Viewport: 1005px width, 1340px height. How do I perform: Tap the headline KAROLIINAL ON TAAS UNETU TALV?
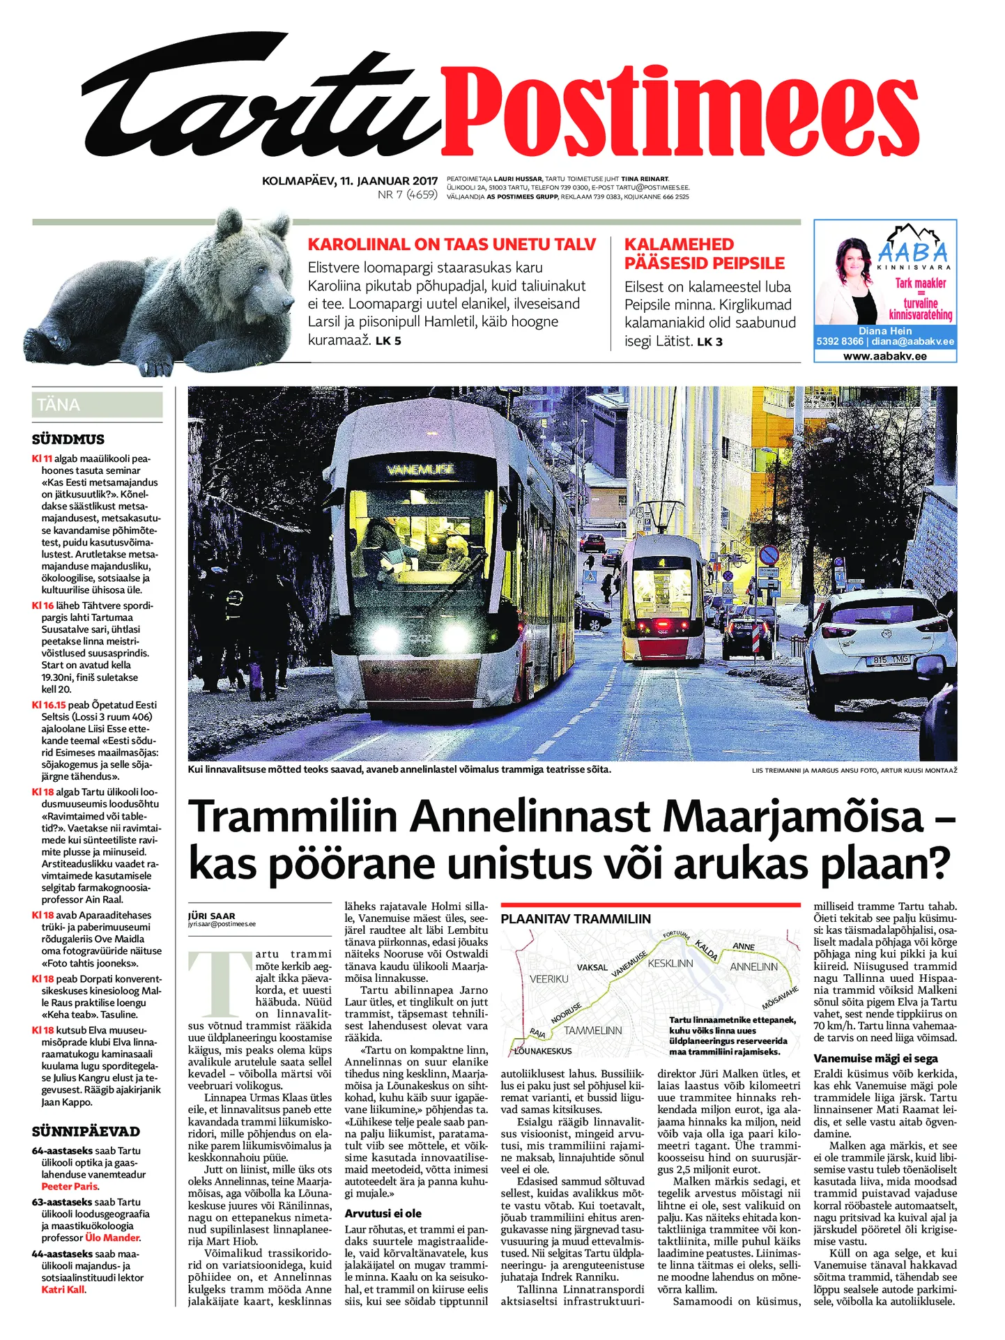click(452, 245)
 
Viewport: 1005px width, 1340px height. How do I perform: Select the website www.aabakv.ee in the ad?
click(884, 356)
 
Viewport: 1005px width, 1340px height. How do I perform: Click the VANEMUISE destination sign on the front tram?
click(420, 469)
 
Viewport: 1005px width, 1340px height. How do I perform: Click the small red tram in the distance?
click(662, 599)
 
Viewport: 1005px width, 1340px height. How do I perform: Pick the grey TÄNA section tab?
click(97, 405)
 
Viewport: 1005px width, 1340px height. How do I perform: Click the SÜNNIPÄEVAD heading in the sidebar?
click(86, 1132)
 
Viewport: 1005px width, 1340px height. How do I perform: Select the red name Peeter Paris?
click(70, 1187)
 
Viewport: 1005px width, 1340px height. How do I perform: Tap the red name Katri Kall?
click(63, 1290)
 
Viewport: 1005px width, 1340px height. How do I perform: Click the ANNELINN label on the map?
click(753, 967)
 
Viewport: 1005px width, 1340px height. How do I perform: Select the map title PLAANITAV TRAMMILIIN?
click(576, 919)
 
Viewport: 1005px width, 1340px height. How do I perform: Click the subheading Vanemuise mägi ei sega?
click(875, 1058)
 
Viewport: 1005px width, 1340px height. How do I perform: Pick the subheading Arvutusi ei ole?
click(383, 1213)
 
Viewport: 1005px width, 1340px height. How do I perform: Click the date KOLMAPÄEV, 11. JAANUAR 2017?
click(349, 181)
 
